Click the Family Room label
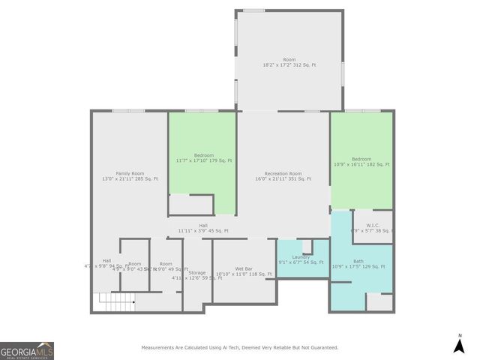(129, 173)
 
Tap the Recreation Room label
(283, 173)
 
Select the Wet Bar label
(243, 268)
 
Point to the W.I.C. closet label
(373, 225)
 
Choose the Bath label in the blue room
(358, 260)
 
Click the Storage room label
(197, 272)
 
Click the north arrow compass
(459, 345)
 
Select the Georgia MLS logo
(27, 351)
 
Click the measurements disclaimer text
(240, 347)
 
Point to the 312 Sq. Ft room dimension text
(289, 65)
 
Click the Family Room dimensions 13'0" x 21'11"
(129, 179)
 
